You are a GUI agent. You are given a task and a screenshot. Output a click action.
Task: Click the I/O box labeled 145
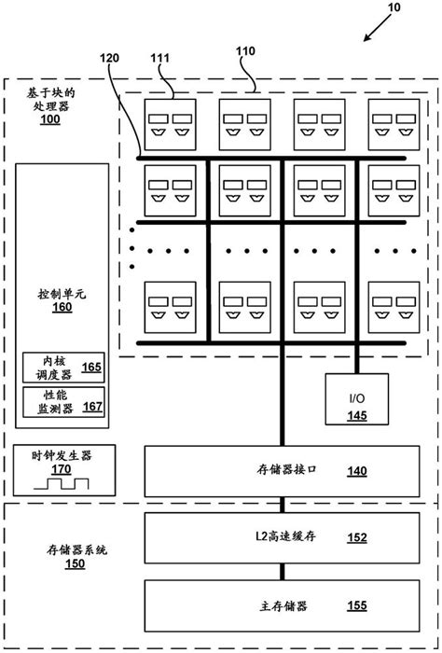[357, 407]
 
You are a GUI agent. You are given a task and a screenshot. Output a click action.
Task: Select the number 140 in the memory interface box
[356, 471]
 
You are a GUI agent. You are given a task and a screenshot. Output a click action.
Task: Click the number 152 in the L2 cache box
[356, 536]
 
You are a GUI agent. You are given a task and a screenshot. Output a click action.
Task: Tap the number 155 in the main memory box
[356, 605]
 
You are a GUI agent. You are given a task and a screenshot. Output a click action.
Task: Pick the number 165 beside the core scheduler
[91, 368]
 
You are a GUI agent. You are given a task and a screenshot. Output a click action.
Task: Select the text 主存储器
[283, 605]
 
